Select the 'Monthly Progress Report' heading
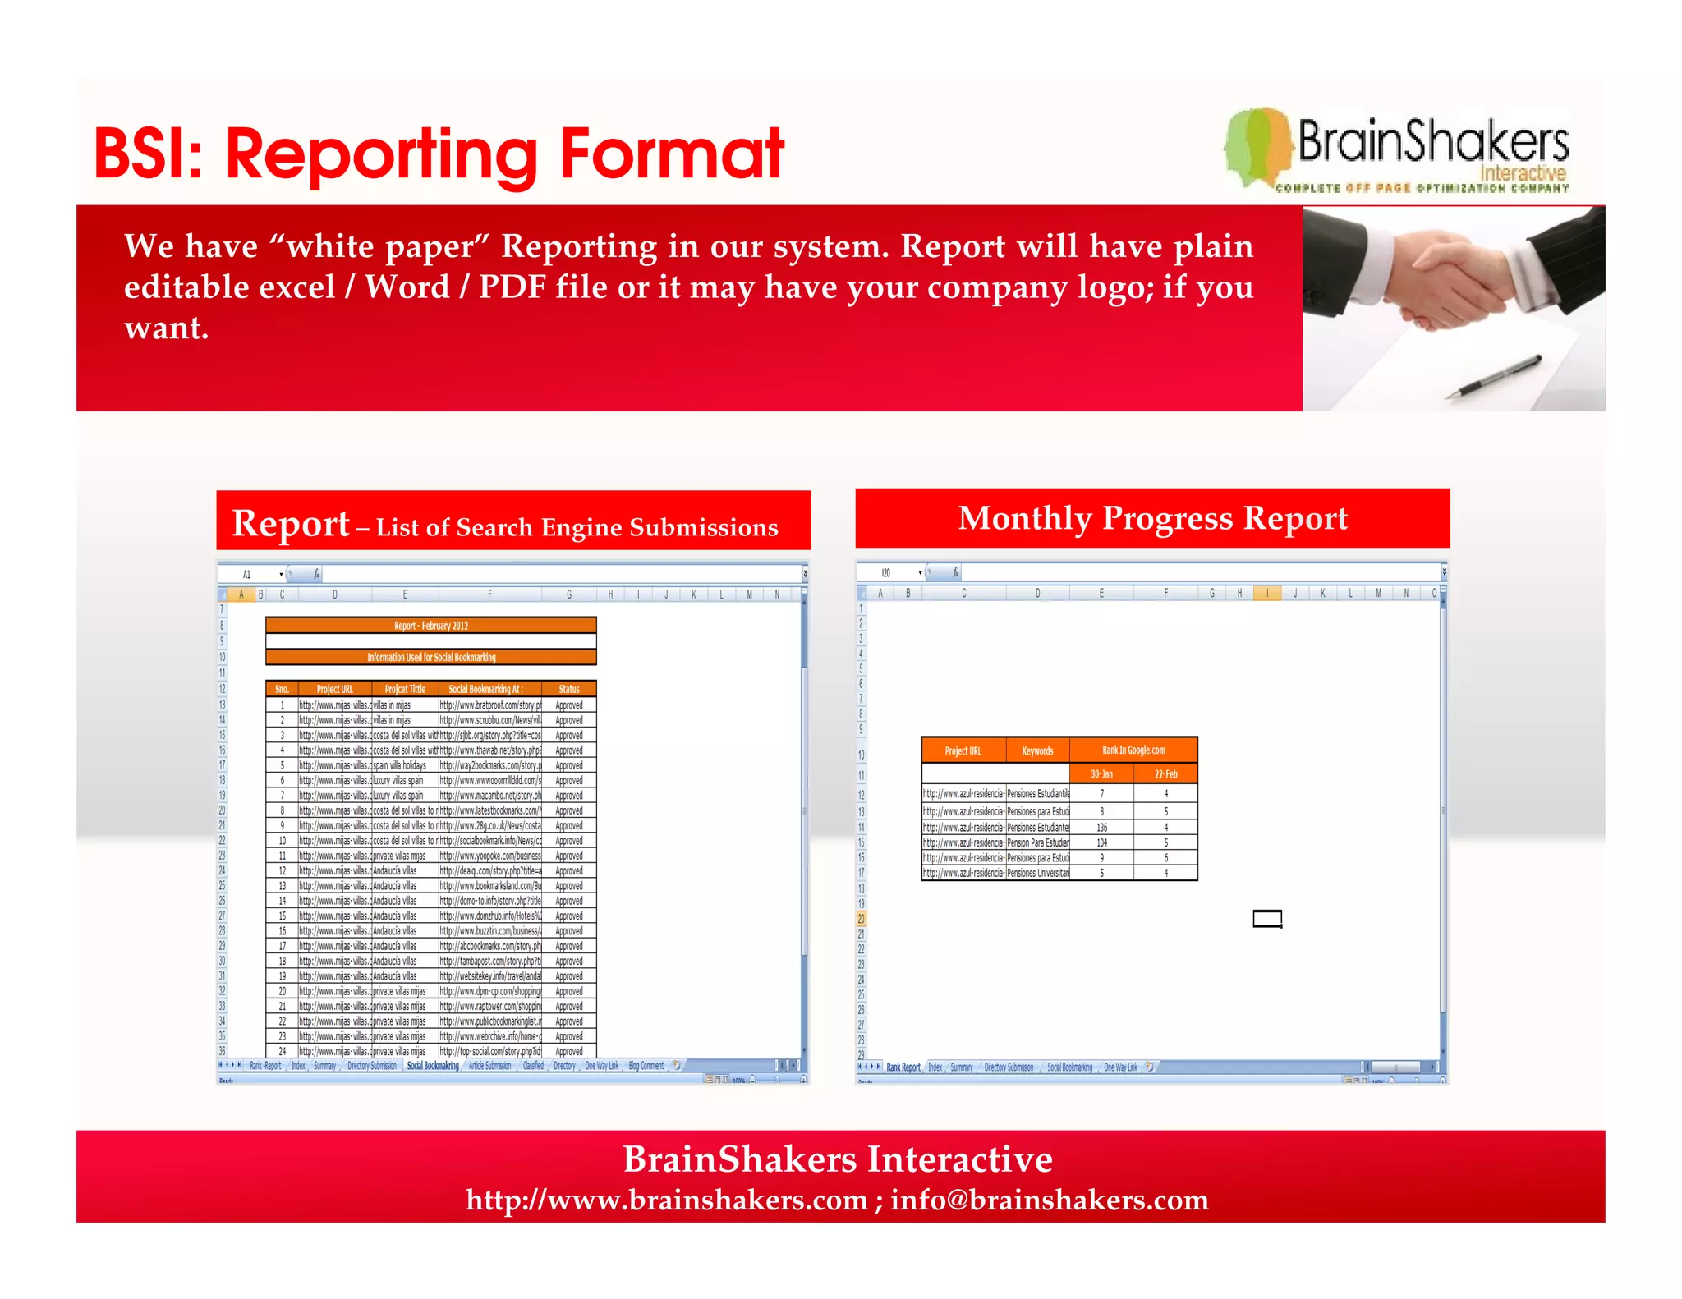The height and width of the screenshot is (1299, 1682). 1152,518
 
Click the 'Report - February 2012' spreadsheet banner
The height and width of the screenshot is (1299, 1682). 430,626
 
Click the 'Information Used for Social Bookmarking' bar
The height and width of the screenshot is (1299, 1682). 430,657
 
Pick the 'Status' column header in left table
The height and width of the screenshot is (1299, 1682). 568,689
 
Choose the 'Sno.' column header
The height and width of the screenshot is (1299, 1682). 282,689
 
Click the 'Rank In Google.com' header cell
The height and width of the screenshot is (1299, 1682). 1133,750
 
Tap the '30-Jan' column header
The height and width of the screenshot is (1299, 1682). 1101,773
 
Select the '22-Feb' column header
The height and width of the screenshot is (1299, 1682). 1165,773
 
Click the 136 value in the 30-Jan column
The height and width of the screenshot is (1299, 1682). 1101,828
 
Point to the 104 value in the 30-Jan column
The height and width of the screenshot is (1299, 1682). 1101,842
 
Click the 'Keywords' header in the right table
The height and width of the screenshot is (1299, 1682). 1037,750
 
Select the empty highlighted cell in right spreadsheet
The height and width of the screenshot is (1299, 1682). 1267,918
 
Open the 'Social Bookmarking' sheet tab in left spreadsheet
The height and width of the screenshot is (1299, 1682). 433,1066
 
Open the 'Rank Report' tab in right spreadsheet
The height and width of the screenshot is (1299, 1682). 903,1067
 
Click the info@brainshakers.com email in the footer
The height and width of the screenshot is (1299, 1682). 1050,1200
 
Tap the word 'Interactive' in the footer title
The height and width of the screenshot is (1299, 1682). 960,1159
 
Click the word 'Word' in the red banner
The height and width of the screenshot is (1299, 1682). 407,287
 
